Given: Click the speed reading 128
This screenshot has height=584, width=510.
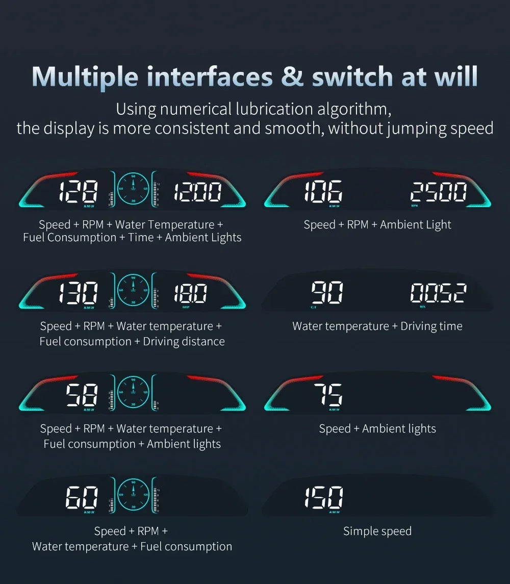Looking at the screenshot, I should tap(78, 193).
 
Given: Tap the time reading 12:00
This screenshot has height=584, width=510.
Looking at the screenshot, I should tap(197, 193).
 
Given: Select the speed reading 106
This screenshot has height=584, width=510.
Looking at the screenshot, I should tap(323, 192).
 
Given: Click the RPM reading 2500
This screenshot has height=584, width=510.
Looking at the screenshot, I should tap(439, 193).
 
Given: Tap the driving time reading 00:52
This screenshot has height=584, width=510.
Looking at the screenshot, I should tap(438, 294).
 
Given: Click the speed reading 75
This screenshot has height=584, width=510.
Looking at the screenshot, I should tap(328, 395).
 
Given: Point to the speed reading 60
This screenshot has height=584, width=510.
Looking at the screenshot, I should tap(83, 497).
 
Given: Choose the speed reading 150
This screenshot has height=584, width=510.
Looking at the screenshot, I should tap(324, 497).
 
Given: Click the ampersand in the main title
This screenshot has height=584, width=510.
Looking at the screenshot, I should tap(292, 77).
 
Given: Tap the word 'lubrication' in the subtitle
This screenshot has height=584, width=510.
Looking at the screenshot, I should tap(273, 109).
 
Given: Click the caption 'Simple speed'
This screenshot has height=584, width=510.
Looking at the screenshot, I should tap(377, 531).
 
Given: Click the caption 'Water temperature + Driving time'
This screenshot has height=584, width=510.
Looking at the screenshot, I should tap(377, 326).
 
